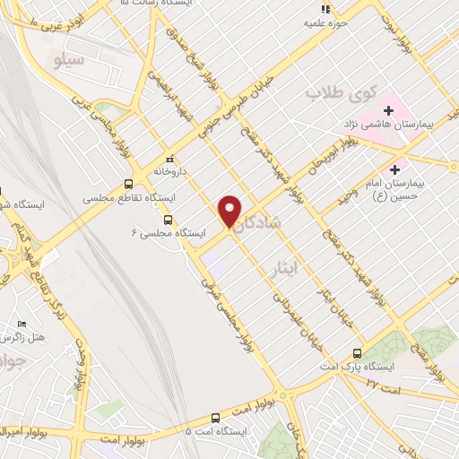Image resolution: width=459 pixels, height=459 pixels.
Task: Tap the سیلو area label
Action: tap(69, 62)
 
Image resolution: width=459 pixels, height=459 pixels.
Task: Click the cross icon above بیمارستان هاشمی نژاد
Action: tap(389, 109)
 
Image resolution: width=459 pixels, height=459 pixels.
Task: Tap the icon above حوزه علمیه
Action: tap(325, 9)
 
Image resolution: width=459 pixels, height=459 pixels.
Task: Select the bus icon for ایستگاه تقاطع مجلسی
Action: tap(129, 185)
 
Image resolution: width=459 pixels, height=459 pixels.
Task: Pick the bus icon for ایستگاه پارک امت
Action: tap(358, 353)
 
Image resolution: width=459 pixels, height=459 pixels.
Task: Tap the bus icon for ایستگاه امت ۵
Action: tap(215, 418)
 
